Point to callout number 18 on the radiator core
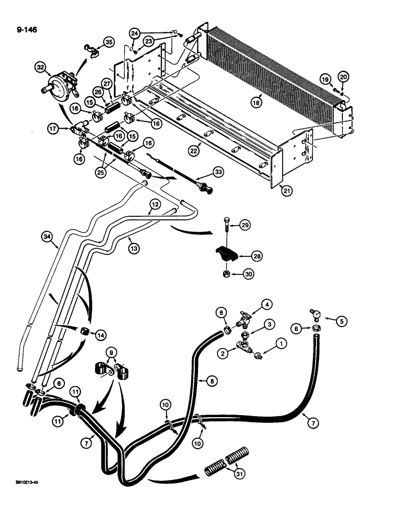257,102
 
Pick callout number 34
48,236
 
